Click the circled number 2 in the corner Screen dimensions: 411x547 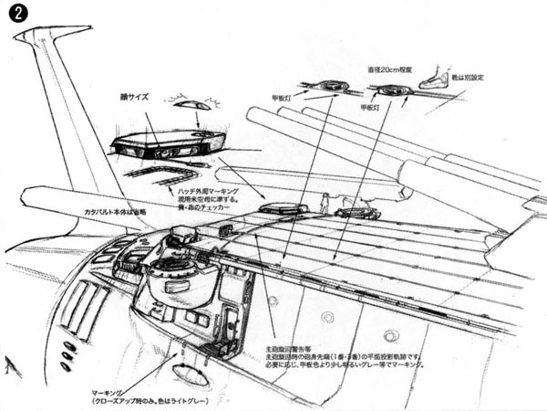pos(15,16)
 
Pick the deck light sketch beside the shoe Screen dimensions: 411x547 pos(390,90)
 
